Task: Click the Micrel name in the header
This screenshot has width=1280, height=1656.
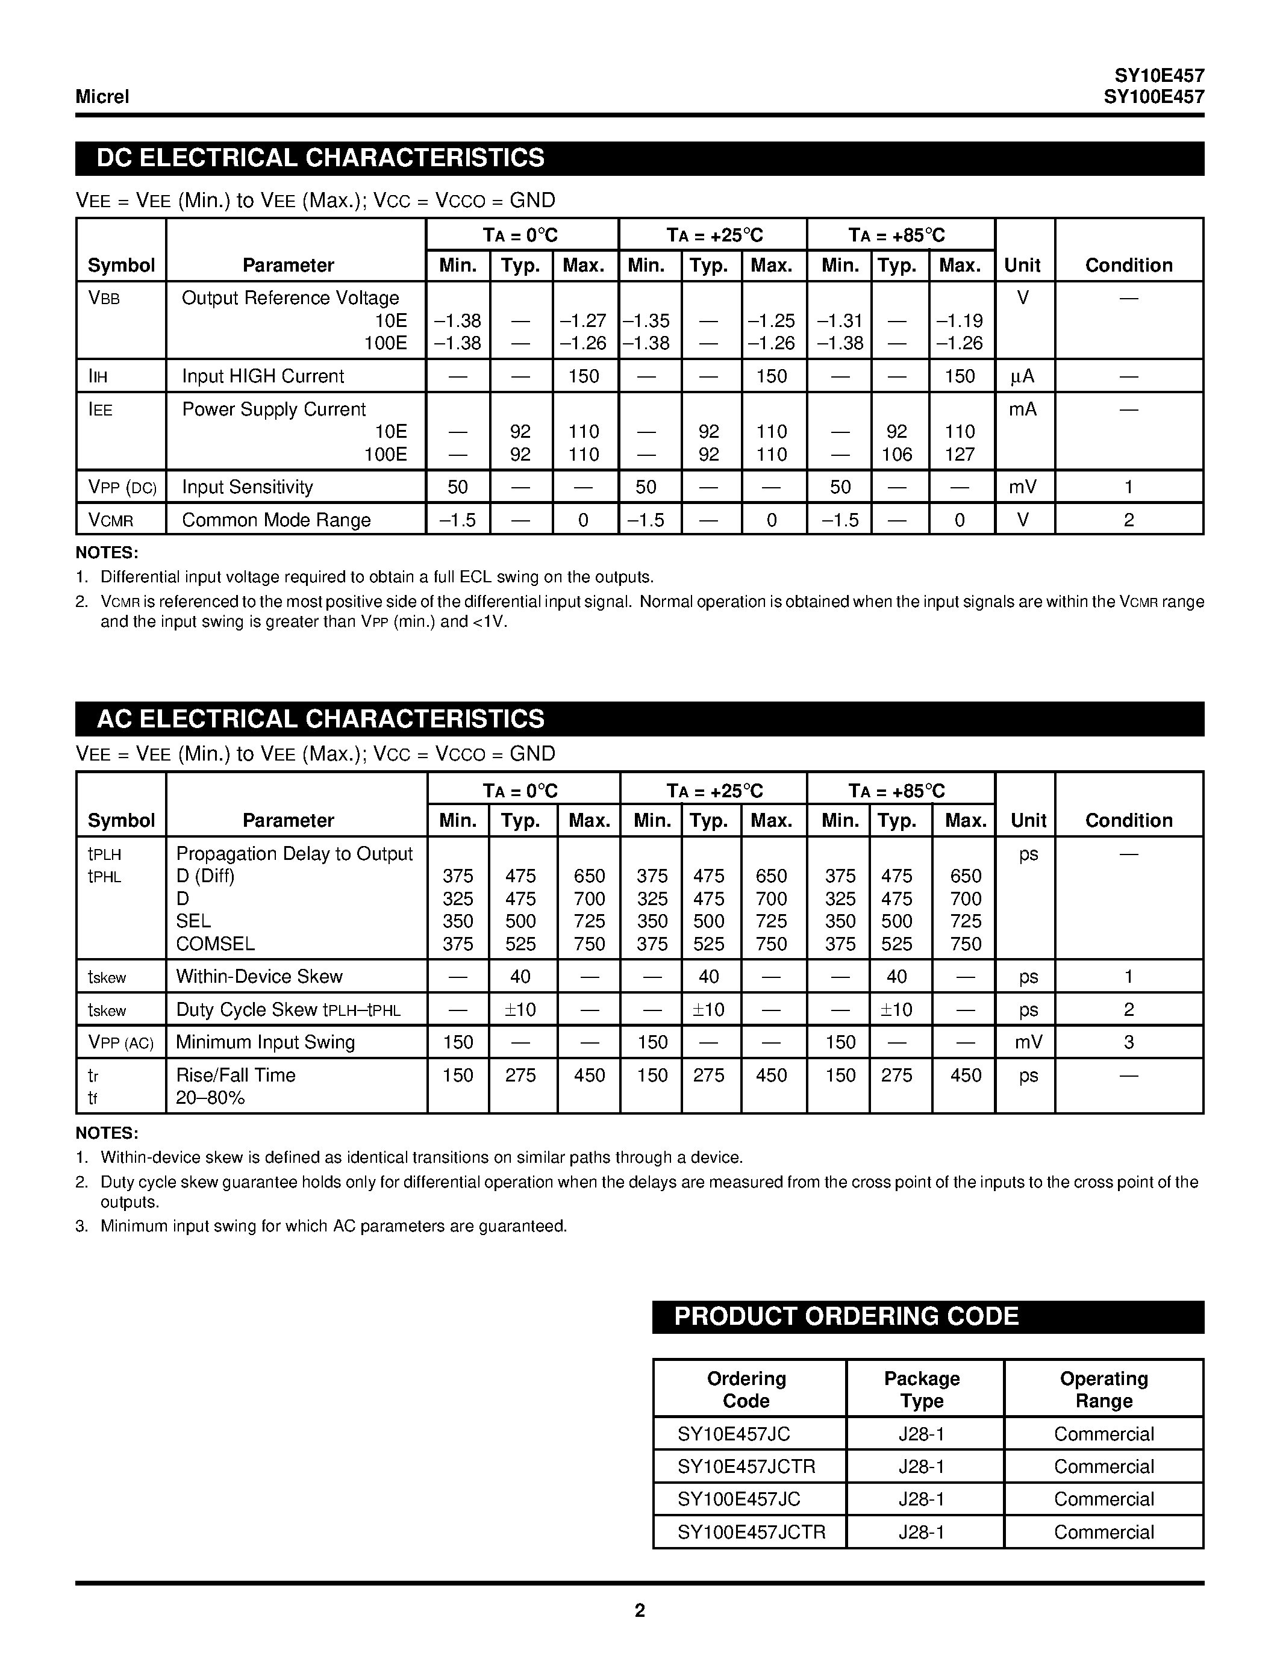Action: tap(102, 97)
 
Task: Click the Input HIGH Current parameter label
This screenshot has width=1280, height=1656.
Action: tap(263, 376)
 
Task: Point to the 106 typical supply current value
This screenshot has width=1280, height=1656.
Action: tap(896, 454)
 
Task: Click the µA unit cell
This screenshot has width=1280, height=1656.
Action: tap(1022, 376)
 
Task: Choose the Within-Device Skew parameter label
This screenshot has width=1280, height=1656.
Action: tap(260, 977)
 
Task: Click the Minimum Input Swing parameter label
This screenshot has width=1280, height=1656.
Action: tap(266, 1042)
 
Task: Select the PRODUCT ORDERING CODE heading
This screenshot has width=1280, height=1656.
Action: tap(846, 1316)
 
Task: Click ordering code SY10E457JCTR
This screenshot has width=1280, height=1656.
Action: tap(746, 1466)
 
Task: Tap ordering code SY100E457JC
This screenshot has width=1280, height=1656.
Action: tap(738, 1499)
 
